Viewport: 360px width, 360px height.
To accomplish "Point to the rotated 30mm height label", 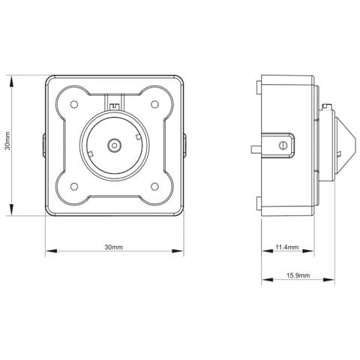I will pyautogui.click(x=7, y=143).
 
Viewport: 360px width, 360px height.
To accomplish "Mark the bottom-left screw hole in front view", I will pyautogui.click(x=75, y=186).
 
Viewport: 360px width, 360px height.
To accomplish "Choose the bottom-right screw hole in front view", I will pyautogui.click(x=154, y=186).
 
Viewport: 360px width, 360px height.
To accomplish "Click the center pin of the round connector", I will pyautogui.click(x=115, y=144).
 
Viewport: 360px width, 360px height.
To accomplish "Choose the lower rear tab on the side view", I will pyautogui.click(x=259, y=203).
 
